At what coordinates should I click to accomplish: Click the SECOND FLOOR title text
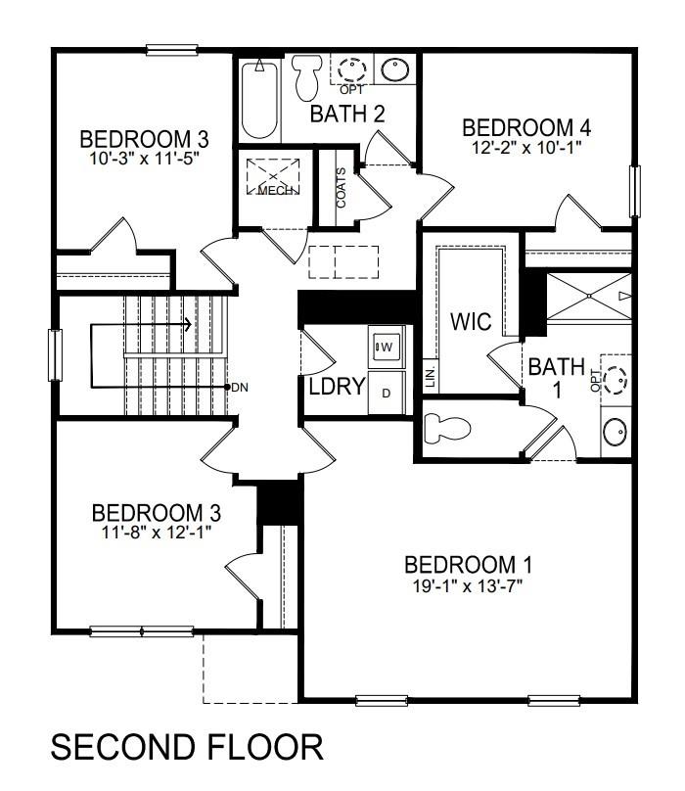(186, 748)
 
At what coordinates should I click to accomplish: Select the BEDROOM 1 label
(469, 565)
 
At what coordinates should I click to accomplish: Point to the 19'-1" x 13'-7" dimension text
(469, 586)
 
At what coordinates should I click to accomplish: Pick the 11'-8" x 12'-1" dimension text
(156, 532)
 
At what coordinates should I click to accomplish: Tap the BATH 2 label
(346, 114)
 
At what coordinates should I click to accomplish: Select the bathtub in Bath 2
(259, 98)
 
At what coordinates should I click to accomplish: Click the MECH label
(278, 190)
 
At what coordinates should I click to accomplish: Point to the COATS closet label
(342, 189)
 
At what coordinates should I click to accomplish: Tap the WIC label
(471, 321)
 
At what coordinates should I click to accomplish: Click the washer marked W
(386, 346)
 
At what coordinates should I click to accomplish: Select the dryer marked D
(386, 393)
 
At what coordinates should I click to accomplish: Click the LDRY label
(337, 386)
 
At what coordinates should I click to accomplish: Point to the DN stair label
(240, 388)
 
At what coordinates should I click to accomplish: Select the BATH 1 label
(556, 378)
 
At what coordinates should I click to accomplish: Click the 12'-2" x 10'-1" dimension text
(526, 148)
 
